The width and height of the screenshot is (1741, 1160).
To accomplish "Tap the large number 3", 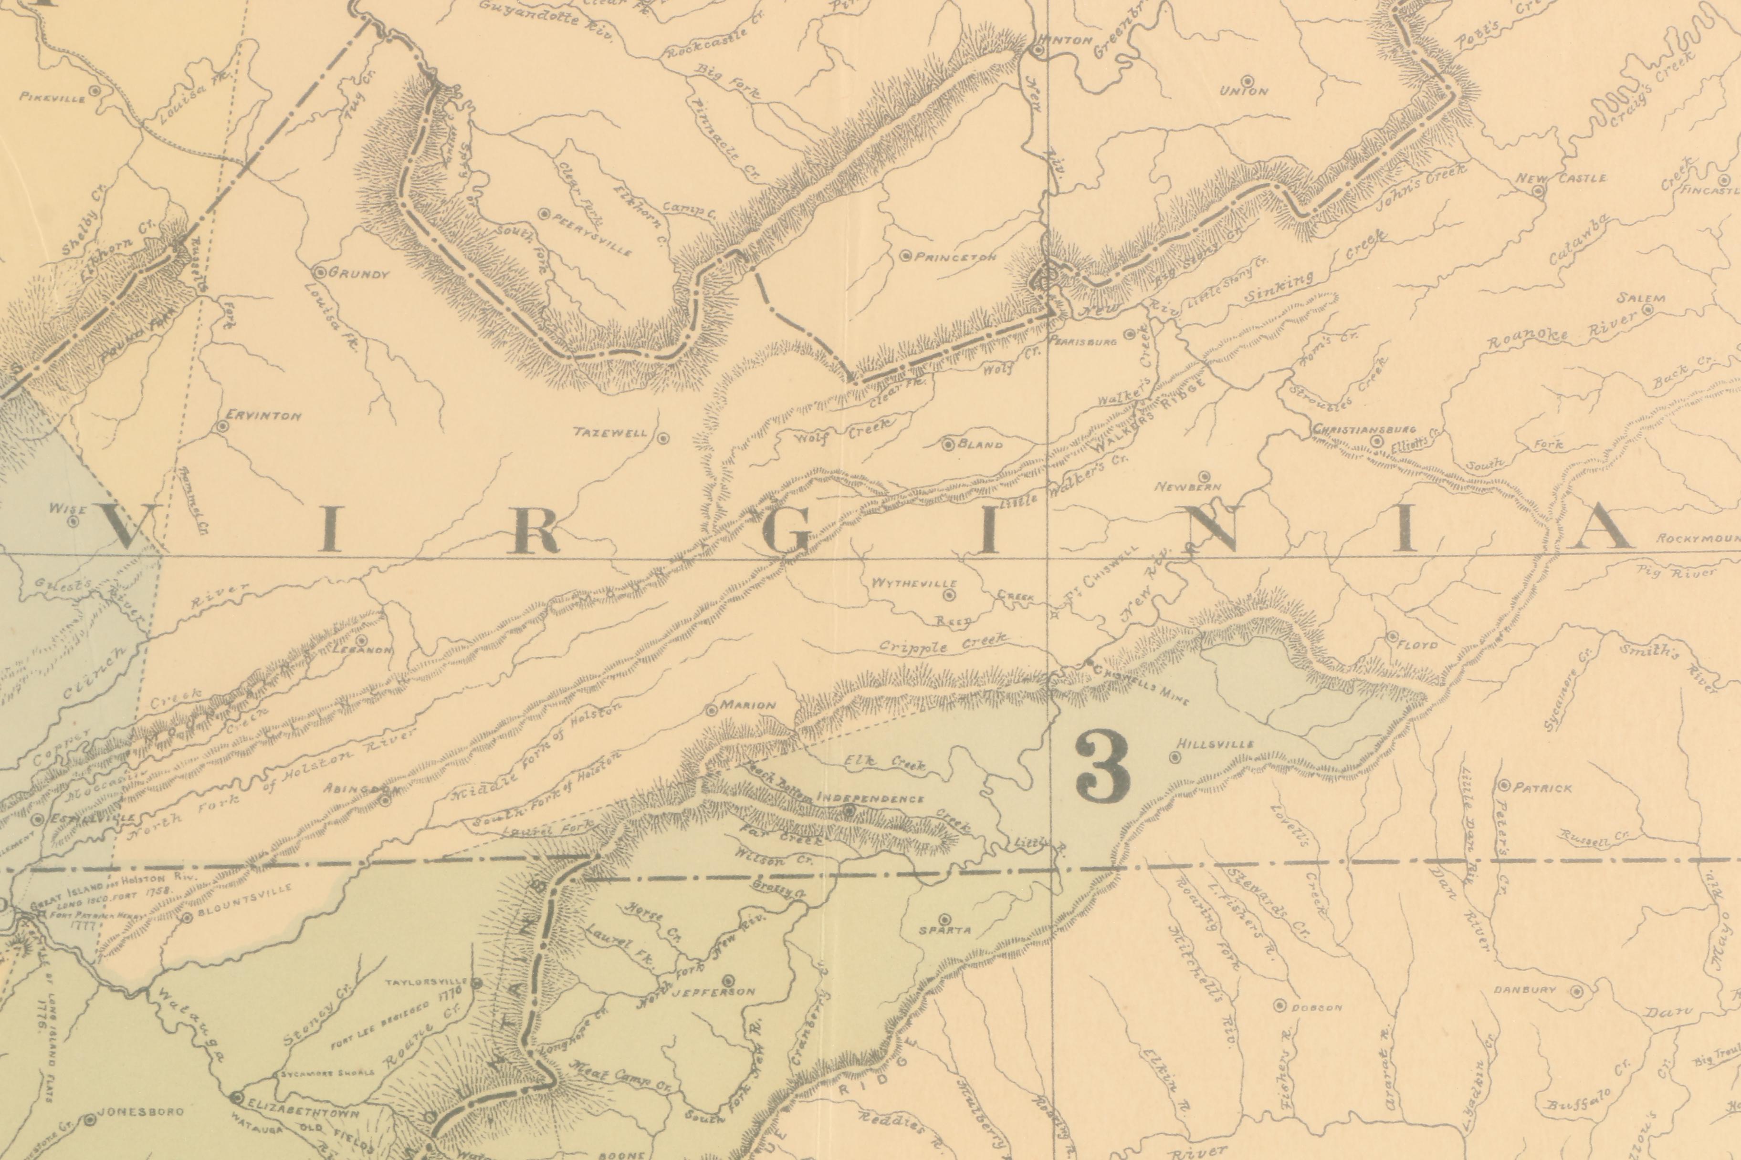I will point(1103,766).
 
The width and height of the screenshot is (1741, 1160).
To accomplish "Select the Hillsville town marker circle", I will point(1175,757).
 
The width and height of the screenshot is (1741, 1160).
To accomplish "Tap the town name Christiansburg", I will point(1364,429).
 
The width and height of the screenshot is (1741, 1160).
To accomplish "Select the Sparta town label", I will point(944,931).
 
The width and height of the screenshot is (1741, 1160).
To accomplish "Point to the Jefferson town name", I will point(713,991).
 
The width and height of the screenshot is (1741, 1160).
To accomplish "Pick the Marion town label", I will point(748,705).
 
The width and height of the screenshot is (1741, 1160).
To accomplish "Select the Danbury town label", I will point(1525,990).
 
